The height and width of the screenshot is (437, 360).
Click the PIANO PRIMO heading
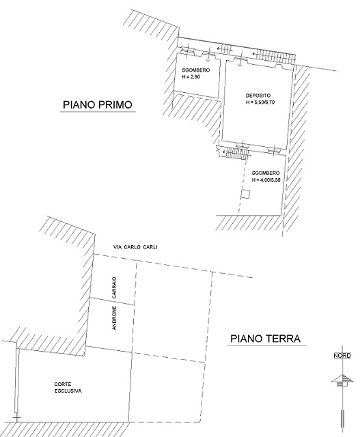97,104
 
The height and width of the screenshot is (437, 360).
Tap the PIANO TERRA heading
266,339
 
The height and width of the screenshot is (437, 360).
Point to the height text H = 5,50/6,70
260,102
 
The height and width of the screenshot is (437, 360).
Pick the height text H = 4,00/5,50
266,180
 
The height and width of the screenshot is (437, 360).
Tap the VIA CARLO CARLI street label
135,247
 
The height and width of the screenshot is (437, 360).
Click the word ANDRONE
114,318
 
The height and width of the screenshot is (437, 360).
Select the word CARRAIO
114,287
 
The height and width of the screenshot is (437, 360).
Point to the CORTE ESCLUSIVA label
68,388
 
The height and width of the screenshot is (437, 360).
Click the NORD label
342,356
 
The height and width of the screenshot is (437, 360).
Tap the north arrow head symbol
342,380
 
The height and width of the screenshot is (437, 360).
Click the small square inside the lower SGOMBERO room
245,194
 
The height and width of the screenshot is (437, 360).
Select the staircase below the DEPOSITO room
236,153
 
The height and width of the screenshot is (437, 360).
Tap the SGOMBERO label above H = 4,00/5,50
266,173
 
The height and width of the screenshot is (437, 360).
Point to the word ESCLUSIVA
68,391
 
